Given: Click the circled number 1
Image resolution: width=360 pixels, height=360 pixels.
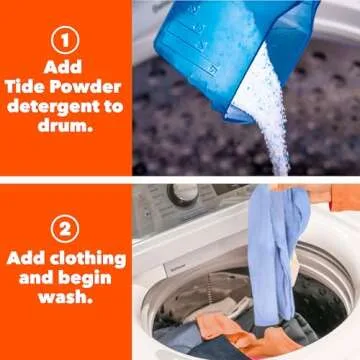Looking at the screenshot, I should click(66, 41).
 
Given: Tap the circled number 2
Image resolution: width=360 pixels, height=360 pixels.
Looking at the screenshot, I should click(66, 228).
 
